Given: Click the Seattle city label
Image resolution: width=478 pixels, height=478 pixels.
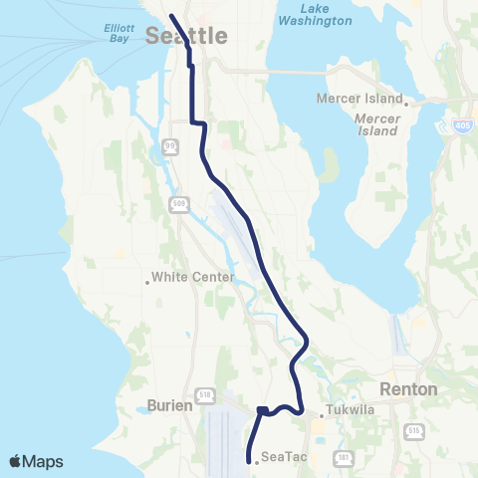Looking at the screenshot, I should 186,36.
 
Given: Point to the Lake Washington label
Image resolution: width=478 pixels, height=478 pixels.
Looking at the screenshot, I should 315,14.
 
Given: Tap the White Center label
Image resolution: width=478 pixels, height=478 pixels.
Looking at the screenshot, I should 194,278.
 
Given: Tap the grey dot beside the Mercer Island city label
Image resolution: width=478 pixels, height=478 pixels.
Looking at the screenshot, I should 407,100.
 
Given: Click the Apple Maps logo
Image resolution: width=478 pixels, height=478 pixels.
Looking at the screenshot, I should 36,461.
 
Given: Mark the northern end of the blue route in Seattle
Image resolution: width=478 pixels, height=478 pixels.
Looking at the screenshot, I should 171,16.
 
